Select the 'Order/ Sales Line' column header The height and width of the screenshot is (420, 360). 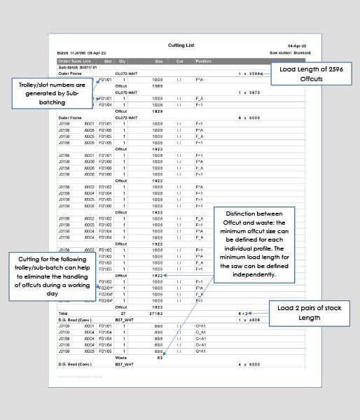coord(74,62)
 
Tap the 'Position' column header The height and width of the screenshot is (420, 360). coord(204,62)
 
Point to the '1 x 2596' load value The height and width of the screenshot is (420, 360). coord(251,73)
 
